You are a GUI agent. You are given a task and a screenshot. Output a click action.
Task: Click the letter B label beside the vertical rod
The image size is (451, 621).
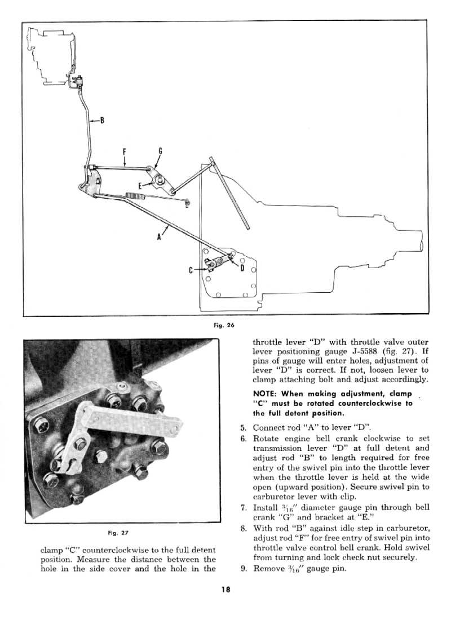pyautogui.click(x=102, y=119)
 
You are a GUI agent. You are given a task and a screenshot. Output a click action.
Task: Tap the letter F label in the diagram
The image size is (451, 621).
pyautogui.click(x=124, y=151)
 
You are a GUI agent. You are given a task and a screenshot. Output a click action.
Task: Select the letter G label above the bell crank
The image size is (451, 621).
pyautogui.click(x=160, y=151)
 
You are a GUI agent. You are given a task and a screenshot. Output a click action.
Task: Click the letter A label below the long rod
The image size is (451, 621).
pyautogui.click(x=160, y=237)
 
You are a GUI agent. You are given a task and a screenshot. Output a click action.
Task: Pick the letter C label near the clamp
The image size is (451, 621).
pyautogui.click(x=192, y=270)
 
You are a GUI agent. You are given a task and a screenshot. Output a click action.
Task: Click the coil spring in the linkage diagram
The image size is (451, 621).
pyautogui.click(x=136, y=195)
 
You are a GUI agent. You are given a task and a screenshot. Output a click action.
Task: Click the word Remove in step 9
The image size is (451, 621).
pyautogui.click(x=268, y=568)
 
